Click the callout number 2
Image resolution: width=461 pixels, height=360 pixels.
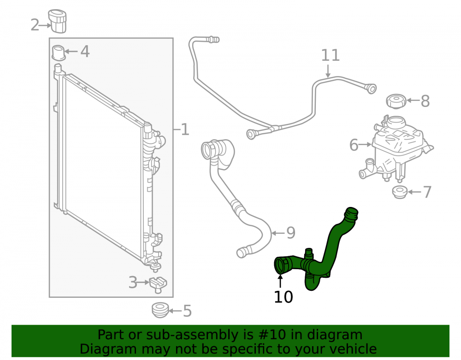tap(35, 25)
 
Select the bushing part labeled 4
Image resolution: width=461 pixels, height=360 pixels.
tap(58, 53)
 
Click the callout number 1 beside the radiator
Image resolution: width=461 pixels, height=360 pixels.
tap(185, 130)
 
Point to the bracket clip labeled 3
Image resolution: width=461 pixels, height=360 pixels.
tap(158, 284)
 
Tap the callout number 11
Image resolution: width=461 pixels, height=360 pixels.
tap(330, 55)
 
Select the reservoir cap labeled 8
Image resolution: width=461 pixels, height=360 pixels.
tap(396, 101)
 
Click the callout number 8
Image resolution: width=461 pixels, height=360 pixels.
tap(425, 101)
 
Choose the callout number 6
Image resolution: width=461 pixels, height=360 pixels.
tap(354, 145)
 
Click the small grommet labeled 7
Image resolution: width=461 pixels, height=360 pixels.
tap(400, 192)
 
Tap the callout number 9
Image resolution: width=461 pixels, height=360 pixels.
tap(290, 233)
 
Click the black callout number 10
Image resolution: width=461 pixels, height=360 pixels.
tap(283, 297)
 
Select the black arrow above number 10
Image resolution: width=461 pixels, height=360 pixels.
tap(280, 281)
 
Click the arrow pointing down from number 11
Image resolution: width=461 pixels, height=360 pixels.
tap(328, 71)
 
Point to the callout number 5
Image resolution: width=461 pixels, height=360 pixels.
tap(187, 311)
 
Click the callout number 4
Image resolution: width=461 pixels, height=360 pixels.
tap(85, 52)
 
